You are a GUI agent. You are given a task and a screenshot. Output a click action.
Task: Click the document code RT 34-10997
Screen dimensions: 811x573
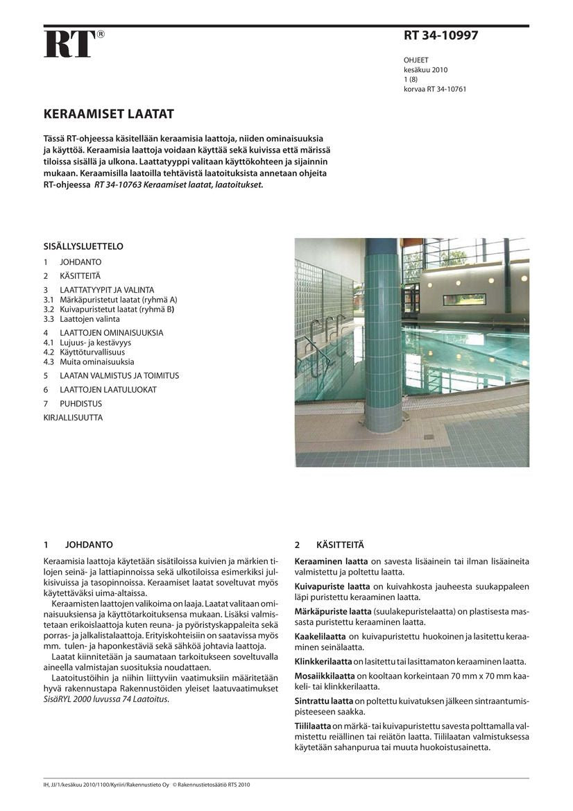pos(441,35)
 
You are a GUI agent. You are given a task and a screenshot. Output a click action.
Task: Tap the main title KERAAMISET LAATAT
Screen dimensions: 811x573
pos(109,114)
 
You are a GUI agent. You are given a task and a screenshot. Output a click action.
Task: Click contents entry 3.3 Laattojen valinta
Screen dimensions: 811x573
pos(82,319)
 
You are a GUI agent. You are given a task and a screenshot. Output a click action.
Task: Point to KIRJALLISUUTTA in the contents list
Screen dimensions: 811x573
pos(73,418)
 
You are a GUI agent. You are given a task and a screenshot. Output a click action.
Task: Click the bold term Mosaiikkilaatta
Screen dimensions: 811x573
pos(325,674)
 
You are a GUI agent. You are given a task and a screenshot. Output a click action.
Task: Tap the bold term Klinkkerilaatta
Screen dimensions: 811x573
pos(323,661)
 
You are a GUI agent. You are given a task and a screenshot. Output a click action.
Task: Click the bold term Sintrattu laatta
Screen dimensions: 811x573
pos(324,701)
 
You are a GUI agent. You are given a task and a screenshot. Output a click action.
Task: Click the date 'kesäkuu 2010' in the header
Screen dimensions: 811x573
pos(425,70)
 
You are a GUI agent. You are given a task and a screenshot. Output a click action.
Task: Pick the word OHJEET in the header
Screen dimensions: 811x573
pos(416,60)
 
